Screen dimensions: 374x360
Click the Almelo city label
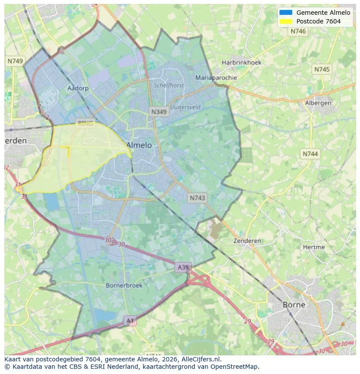(139, 145)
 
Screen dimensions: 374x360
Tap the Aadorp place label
(78, 88)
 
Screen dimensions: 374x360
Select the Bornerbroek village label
(124, 285)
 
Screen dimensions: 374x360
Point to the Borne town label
(294, 304)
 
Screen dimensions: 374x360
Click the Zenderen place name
(247, 241)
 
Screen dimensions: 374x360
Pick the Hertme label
(313, 247)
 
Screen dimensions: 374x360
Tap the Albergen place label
(318, 103)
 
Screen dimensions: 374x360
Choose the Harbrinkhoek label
(241, 63)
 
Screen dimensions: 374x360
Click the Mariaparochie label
(216, 78)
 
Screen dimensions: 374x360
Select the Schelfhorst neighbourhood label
(169, 86)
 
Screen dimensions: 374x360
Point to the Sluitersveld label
(185, 107)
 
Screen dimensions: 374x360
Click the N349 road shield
(159, 112)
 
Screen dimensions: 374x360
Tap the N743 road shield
(197, 198)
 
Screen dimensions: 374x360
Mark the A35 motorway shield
(183, 267)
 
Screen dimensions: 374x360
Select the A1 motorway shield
(130, 321)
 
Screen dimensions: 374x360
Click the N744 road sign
(310, 154)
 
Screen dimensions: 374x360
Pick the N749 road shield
(15, 61)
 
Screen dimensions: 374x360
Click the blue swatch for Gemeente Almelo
(286, 13)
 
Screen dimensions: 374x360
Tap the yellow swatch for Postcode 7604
(286, 21)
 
